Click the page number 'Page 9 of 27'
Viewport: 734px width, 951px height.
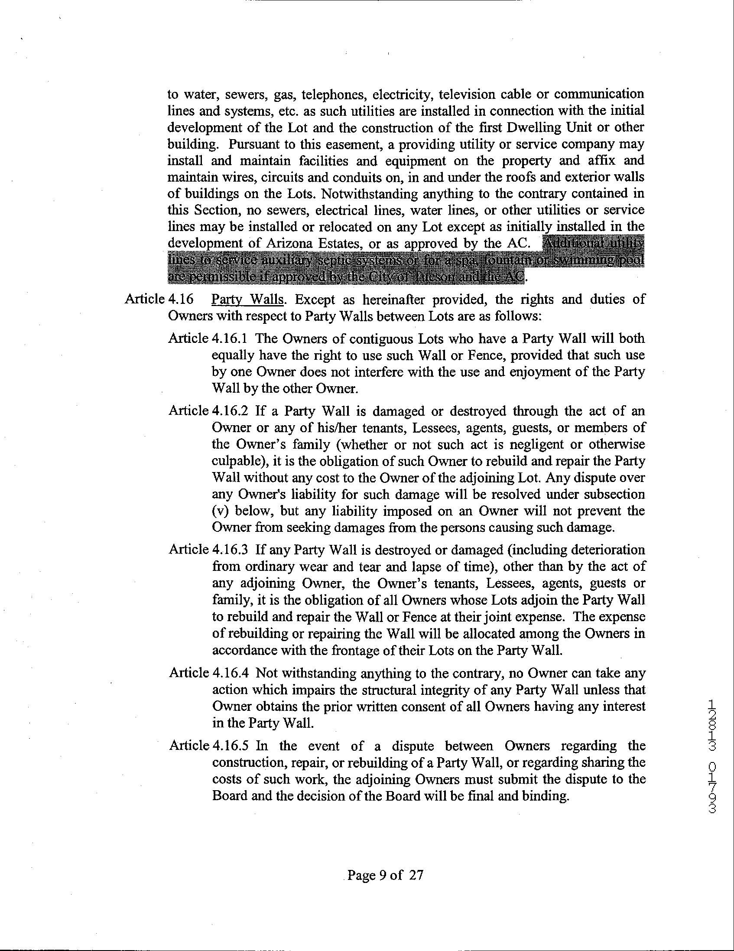coord(385,875)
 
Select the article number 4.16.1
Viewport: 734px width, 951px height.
coord(231,339)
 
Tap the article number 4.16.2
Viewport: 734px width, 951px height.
coord(231,410)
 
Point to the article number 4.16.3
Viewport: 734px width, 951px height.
coord(231,550)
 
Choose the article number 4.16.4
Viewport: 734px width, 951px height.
coord(231,673)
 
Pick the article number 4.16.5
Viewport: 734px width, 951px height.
coord(231,746)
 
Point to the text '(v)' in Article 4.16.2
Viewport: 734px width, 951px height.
coord(220,511)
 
